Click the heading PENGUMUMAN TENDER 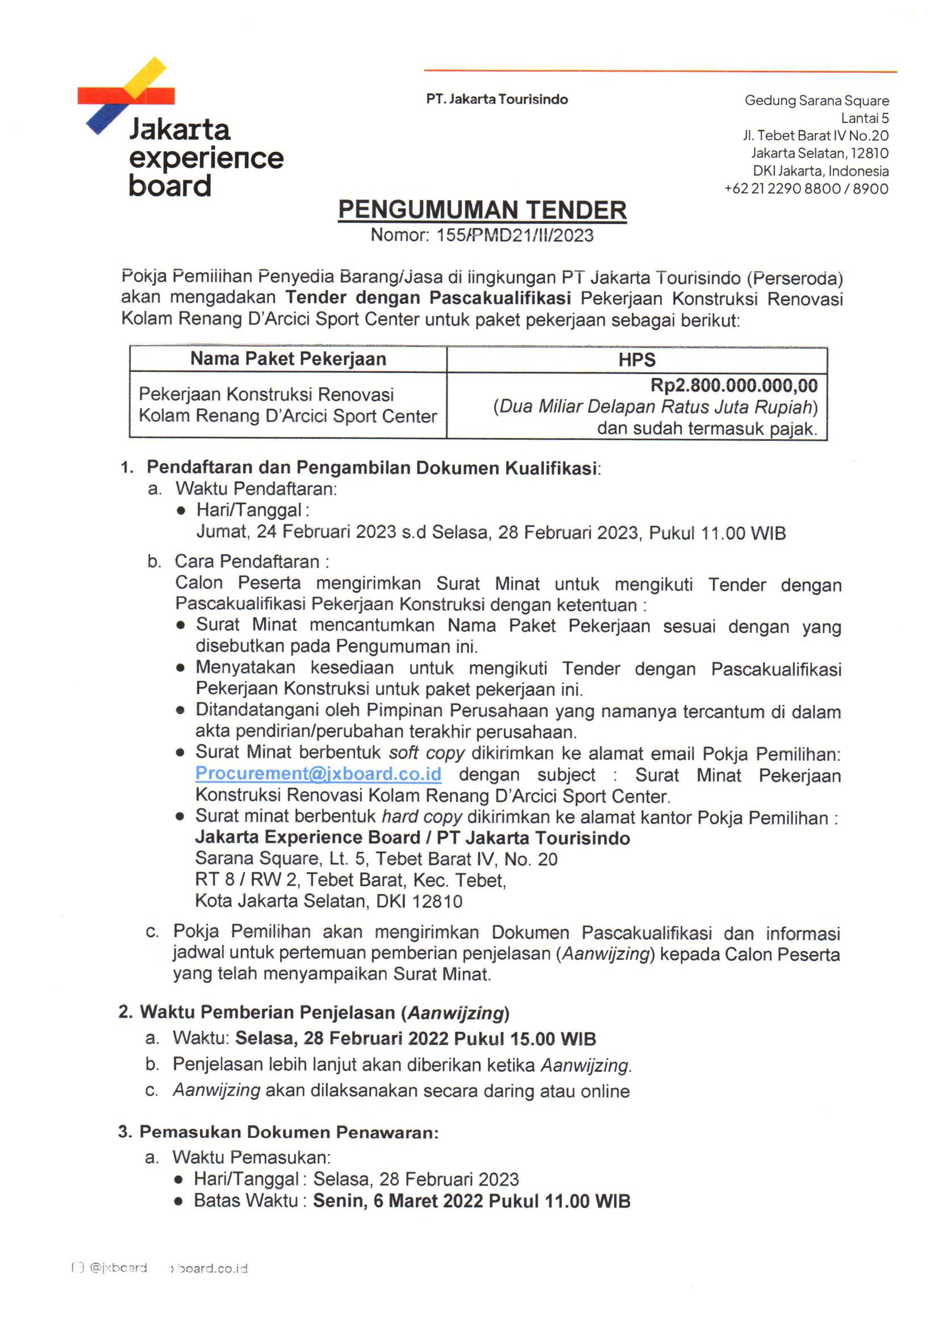click(482, 210)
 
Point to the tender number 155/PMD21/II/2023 click(515, 236)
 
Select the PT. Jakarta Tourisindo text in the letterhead click(497, 99)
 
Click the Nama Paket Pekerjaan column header click(288, 359)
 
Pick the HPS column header click(637, 360)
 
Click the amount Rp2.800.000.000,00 click(733, 385)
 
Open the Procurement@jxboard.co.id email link click(318, 774)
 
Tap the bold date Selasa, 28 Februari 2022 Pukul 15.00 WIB click(415, 1039)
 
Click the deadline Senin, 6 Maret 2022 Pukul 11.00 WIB click(471, 1201)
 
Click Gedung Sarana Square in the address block click(816, 101)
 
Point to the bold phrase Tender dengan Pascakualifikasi click(427, 298)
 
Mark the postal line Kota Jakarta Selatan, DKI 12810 click(328, 901)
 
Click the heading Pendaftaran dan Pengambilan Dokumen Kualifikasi click(372, 468)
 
